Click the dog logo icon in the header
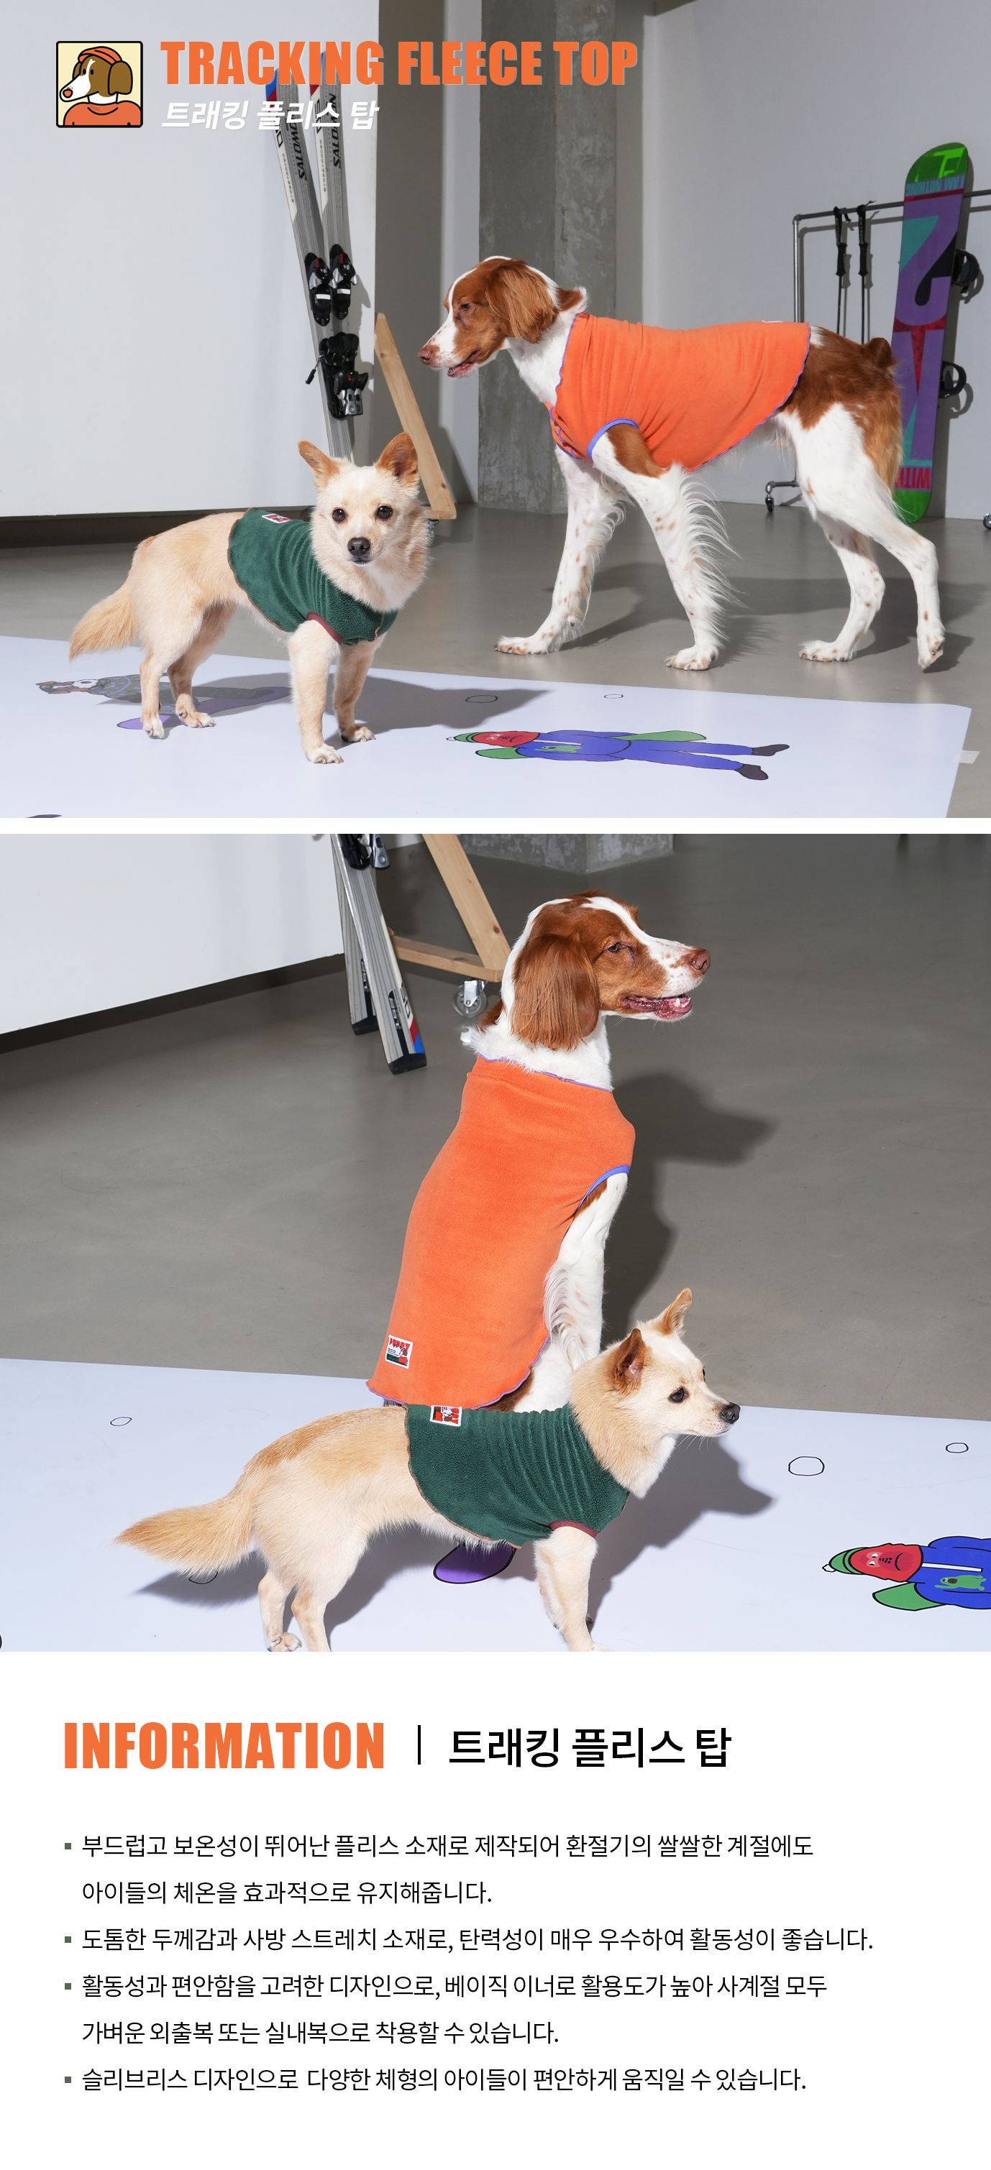(99, 84)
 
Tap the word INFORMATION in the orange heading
(224, 1745)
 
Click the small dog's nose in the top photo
(359, 548)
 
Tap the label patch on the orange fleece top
(399, 1351)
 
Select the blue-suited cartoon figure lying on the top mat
(619, 750)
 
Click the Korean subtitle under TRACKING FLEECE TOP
(270, 114)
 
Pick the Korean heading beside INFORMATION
(589, 1746)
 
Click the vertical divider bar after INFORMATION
(418, 1744)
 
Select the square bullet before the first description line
(68, 1847)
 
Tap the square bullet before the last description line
(68, 2080)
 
